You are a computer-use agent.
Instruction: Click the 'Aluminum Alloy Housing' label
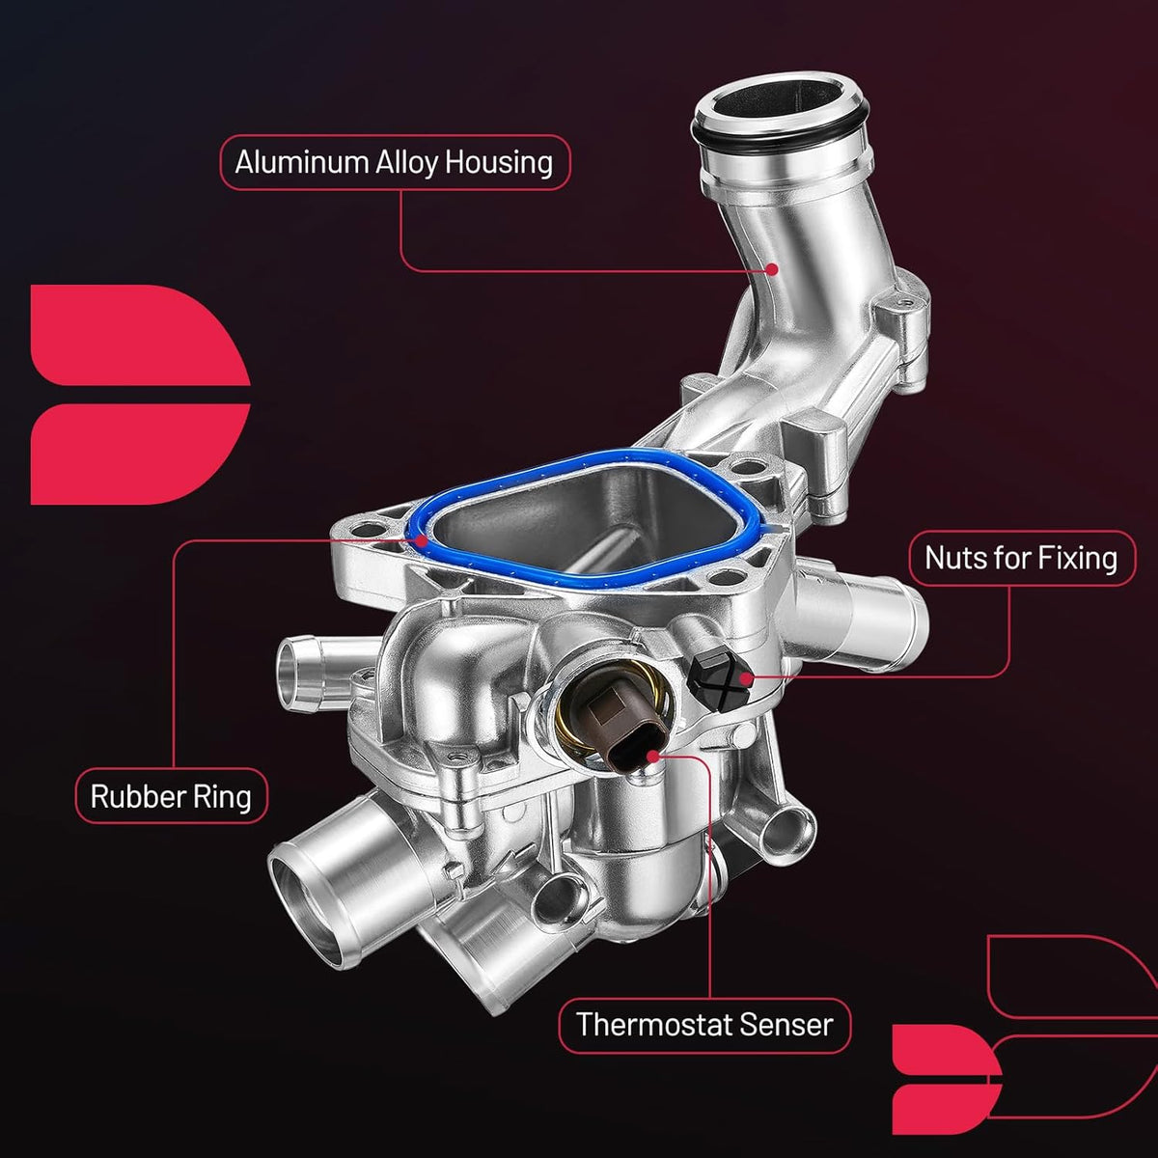(395, 162)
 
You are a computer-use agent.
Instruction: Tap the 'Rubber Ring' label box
(171, 795)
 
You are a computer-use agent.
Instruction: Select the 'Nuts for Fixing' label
(1022, 558)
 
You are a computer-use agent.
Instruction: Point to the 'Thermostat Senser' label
(704, 1025)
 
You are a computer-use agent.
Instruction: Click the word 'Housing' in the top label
(499, 163)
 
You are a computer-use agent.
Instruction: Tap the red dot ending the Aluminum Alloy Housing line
(772, 269)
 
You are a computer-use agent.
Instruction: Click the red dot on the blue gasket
(423, 540)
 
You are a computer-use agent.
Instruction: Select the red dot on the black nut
(745, 678)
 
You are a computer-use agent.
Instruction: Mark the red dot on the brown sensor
(653, 755)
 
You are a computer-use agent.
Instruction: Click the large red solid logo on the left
(140, 395)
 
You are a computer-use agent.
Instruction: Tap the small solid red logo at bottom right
(946, 1079)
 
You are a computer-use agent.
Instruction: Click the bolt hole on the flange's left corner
(365, 531)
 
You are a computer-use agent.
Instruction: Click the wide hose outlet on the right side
(860, 619)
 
